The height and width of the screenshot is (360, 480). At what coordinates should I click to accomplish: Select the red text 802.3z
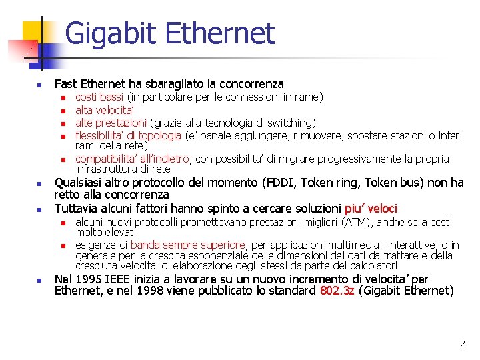(x=337, y=291)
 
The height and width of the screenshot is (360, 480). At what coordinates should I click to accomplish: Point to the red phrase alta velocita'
(x=105, y=110)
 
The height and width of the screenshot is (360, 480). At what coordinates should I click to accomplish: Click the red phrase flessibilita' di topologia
(x=128, y=135)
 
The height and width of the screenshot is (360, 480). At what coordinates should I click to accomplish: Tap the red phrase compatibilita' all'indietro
(x=133, y=159)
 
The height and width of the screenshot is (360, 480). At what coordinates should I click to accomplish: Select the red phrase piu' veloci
(x=371, y=209)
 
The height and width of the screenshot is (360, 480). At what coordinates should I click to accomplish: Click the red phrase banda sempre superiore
(x=188, y=245)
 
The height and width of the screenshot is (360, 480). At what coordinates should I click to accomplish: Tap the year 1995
(x=86, y=279)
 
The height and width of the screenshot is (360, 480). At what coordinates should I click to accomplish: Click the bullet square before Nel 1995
(x=39, y=280)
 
